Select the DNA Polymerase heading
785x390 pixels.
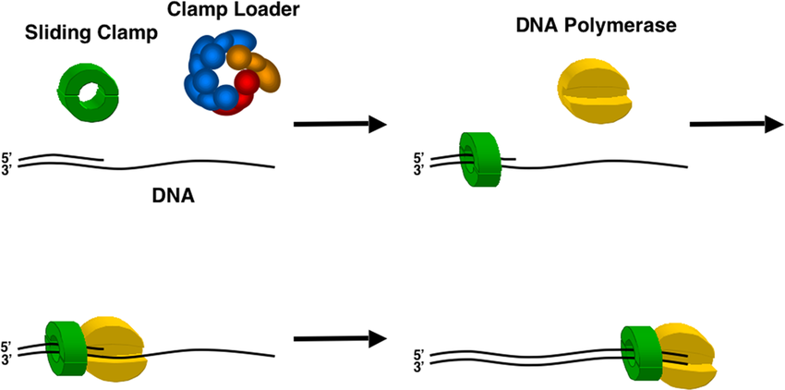click(x=597, y=26)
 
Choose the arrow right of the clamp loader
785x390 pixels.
click(x=338, y=124)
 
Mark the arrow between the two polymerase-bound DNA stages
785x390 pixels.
click(x=338, y=338)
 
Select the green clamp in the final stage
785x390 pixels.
click(x=639, y=355)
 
